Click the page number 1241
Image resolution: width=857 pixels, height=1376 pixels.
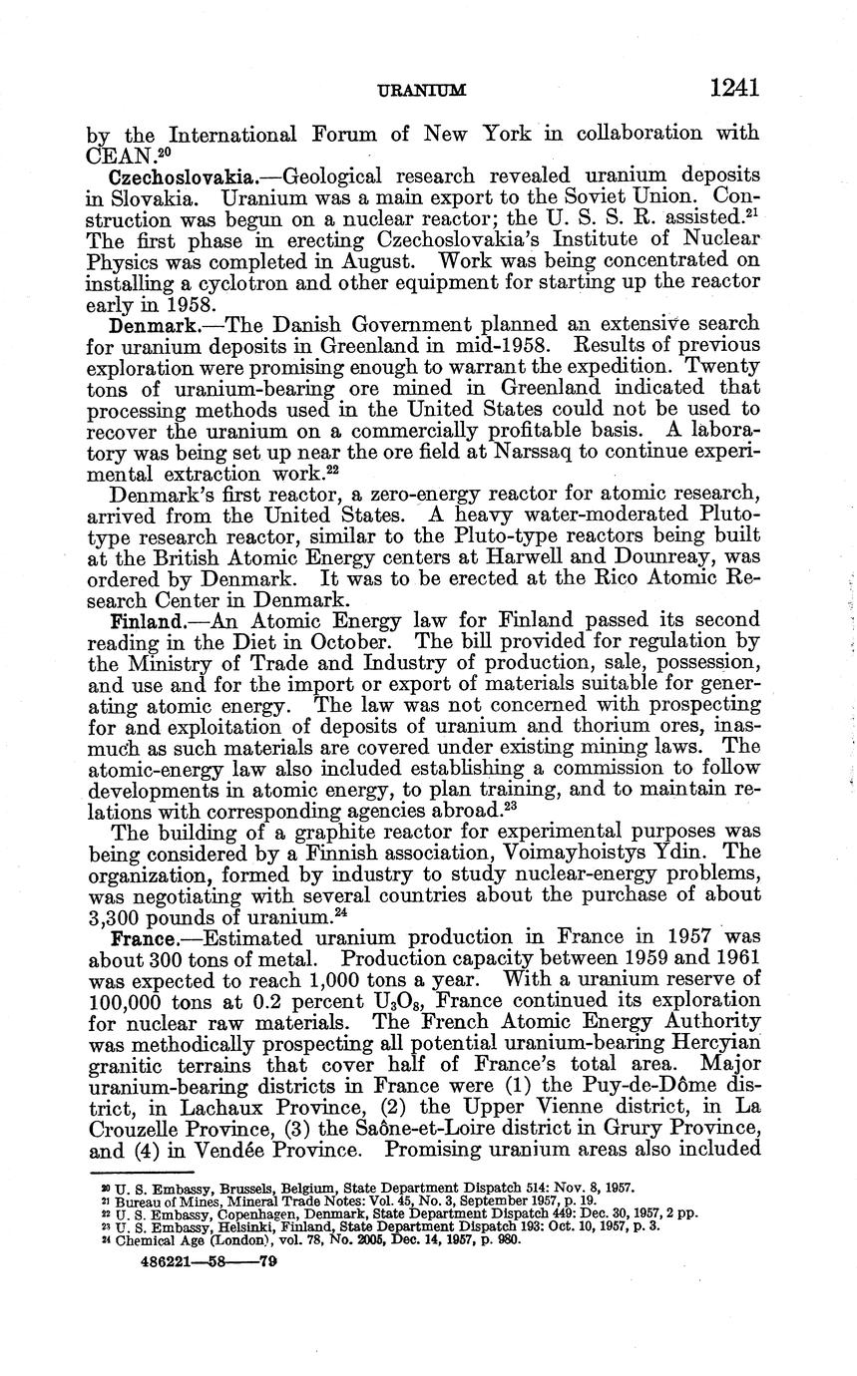point(734,88)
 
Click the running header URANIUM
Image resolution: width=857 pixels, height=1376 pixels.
point(423,91)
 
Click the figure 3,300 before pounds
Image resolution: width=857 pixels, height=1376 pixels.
point(121,912)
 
